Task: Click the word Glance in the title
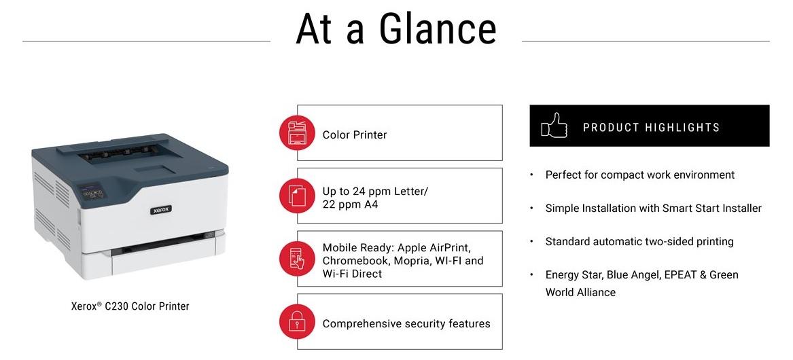(438, 29)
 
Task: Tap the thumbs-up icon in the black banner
(554, 126)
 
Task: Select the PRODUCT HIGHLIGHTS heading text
(652, 127)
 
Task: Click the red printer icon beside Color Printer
(298, 132)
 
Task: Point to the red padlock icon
(298, 321)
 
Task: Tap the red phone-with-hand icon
(298, 258)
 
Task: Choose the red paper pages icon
(298, 196)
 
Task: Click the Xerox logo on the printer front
(161, 210)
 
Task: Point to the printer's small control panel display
(93, 193)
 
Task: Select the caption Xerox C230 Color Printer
(130, 306)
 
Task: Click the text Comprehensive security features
(406, 323)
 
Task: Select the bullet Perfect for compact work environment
(639, 175)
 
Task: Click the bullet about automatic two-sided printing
(639, 242)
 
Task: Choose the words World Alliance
(580, 292)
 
